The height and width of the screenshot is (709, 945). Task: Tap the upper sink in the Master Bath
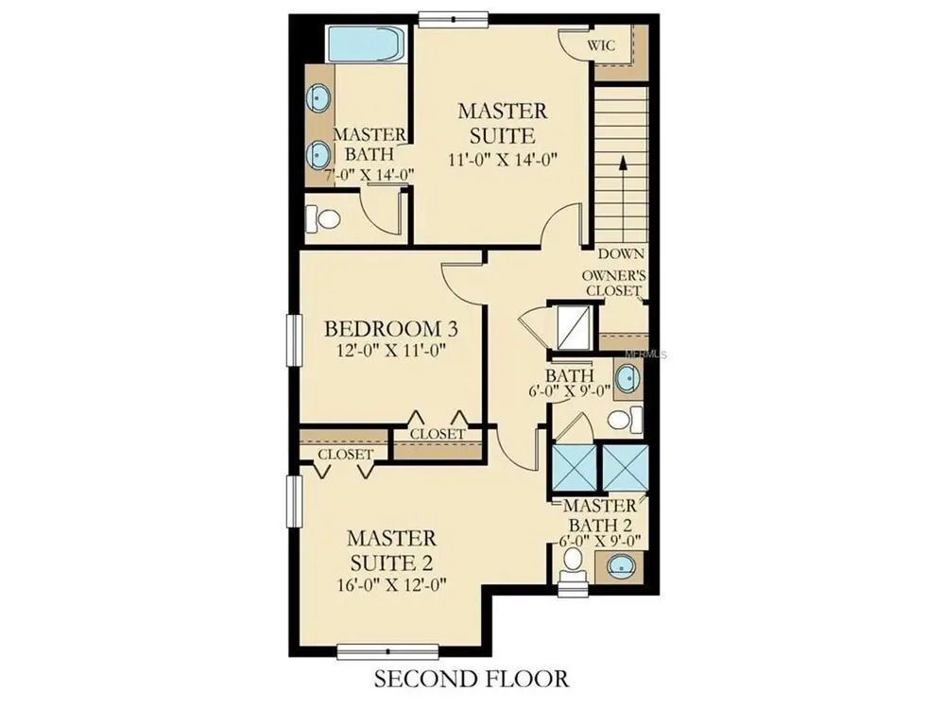[x=318, y=97]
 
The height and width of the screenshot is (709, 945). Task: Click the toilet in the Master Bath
[x=322, y=218]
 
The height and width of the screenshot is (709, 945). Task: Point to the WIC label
[x=601, y=45]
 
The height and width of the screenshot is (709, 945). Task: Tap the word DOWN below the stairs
[x=621, y=253]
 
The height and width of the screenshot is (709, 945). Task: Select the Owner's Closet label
[x=613, y=283]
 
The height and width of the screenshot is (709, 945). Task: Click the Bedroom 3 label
[x=391, y=329]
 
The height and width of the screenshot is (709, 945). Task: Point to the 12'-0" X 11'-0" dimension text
[x=391, y=351]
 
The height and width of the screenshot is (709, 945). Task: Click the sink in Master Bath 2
[x=619, y=566]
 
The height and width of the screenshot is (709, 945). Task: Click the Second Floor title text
[x=472, y=679]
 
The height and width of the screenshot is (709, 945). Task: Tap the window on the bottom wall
[x=387, y=651]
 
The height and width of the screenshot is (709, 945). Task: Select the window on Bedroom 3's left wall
[x=294, y=340]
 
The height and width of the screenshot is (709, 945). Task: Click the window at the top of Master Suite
[x=453, y=19]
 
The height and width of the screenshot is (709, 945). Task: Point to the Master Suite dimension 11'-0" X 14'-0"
[x=502, y=160]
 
